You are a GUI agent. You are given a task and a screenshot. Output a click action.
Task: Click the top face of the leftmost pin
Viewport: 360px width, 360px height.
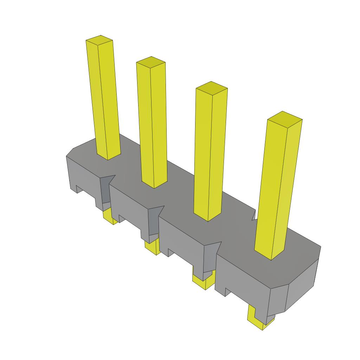pyautogui.click(x=99, y=41)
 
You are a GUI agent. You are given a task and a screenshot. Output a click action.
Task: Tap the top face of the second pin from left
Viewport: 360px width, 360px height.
pyautogui.click(x=151, y=62)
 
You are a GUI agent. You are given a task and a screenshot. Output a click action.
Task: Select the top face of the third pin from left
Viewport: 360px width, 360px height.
pyautogui.click(x=212, y=88)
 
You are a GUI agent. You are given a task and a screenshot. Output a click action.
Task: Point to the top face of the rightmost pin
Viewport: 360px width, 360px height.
pyautogui.click(x=285, y=118)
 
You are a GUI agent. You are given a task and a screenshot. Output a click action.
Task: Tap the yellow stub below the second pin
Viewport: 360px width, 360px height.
pyautogui.click(x=152, y=247)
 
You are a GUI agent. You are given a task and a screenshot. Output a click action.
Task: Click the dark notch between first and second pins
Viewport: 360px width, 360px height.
pyautogui.click(x=105, y=190)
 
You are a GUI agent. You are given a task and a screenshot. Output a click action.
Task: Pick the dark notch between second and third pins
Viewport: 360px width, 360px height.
pyautogui.click(x=154, y=221)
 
